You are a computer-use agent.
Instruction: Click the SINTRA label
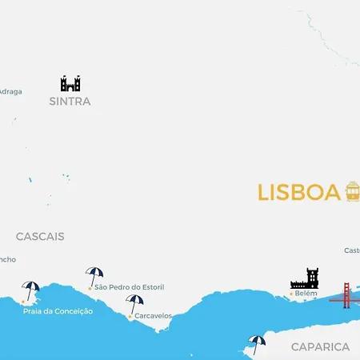[x=70, y=102]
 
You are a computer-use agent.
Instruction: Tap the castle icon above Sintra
[x=70, y=83]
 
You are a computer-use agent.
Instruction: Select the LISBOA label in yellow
[x=298, y=193]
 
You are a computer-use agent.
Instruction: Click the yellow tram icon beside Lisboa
[x=353, y=191]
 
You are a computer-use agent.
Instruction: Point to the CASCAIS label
[x=40, y=237]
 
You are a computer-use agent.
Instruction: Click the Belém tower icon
[x=304, y=278]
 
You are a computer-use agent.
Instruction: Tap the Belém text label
[x=306, y=294]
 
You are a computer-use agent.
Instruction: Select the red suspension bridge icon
[x=346, y=295]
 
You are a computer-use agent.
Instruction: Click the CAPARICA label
[x=320, y=346]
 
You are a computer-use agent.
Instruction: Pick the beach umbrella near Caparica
[x=257, y=343]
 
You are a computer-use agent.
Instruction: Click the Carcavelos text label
[x=153, y=316]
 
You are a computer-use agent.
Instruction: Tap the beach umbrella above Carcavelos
[x=134, y=303]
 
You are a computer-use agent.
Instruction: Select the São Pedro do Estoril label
[x=128, y=286]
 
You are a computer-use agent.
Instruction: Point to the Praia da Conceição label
[x=58, y=310]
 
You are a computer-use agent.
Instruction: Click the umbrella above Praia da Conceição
[x=31, y=290]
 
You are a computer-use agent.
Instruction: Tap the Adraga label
[x=10, y=91]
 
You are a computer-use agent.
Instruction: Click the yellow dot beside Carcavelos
[x=130, y=316]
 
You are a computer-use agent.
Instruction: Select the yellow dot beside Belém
[x=291, y=294]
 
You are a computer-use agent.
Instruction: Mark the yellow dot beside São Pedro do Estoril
[x=90, y=286]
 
